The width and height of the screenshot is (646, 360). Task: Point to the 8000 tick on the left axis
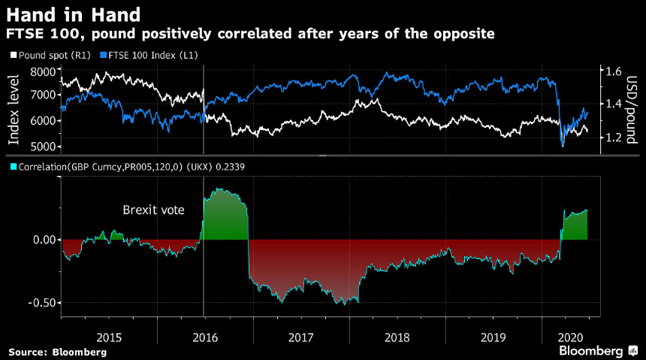[44, 71]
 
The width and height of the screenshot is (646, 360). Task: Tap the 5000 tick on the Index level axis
[44, 146]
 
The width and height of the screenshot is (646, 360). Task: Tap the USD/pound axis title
[632, 108]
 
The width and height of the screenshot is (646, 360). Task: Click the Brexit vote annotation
[153, 210]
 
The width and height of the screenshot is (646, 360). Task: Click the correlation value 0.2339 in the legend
[239, 167]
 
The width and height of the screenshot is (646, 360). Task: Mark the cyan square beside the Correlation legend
[12, 167]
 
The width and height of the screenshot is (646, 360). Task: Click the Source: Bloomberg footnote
[57, 352]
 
